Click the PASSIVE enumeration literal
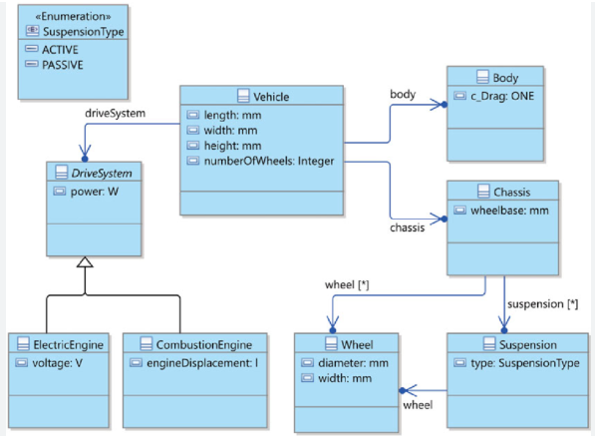62,65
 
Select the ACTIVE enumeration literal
60,50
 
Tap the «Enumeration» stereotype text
73,16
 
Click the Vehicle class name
271,97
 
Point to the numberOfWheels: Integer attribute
269,161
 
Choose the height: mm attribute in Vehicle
232,146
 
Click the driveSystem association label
115,113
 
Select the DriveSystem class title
102,174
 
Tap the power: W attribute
95,192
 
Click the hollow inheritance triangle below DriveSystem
85,262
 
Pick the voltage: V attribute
57,363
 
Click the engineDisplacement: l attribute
202,363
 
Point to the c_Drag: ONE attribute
502,96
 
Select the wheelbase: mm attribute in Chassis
509,211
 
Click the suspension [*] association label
542,304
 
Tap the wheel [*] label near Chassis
347,284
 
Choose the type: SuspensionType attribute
525,363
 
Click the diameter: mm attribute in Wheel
353,363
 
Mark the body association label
403,94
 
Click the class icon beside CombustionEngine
147,343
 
